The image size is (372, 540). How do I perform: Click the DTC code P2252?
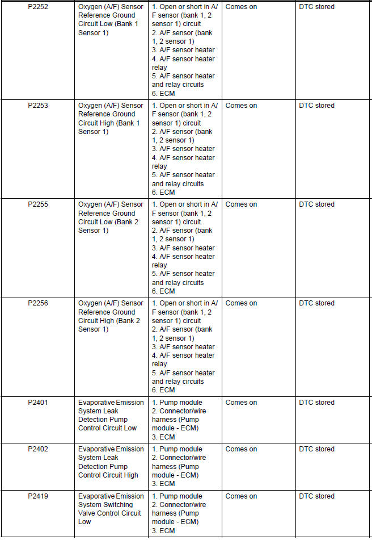coord(37,7)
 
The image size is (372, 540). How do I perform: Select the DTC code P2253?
coord(37,106)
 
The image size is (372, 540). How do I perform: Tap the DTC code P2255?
coord(37,204)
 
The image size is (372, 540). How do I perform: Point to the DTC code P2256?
coord(37,303)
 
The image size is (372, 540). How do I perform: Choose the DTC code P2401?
coord(37,403)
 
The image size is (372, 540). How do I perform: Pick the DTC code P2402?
coord(37,449)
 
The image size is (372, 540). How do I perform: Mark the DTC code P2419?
coord(37,496)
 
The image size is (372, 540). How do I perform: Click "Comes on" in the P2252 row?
coord(241,7)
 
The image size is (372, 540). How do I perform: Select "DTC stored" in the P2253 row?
coord(316,106)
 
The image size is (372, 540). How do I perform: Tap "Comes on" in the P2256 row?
coord(241,303)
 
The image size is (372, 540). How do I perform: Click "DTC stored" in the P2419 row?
coord(316,496)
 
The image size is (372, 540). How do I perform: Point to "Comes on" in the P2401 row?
coord(241,403)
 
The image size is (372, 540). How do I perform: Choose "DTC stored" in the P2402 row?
coord(316,449)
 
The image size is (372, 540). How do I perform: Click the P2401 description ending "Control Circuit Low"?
coord(111,415)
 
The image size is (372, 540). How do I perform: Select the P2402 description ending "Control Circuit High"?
coord(111,462)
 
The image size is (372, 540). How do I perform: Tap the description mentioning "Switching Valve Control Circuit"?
coord(111,509)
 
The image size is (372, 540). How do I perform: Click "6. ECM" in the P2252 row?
coord(163,93)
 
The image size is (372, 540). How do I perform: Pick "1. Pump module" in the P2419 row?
coord(177,496)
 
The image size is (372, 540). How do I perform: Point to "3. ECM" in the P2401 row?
coord(163,437)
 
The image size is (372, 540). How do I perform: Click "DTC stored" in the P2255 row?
coord(316,204)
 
